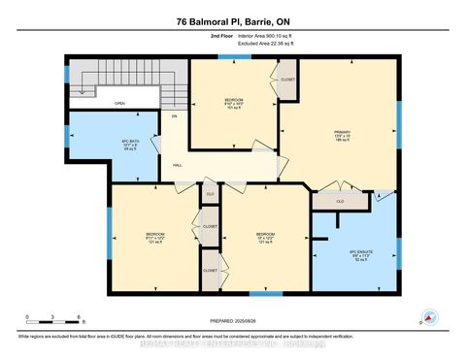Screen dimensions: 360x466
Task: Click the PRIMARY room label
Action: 341,133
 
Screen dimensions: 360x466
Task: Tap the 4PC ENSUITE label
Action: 361,254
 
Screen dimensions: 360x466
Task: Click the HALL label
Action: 178,165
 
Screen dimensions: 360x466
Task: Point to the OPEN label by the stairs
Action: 119,103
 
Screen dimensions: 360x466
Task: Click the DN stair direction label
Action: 175,116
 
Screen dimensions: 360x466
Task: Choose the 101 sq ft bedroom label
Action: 233,103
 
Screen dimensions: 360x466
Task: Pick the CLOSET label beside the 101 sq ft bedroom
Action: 288,80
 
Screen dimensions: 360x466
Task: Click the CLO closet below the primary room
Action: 340,201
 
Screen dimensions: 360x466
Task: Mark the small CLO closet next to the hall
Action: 209,194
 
